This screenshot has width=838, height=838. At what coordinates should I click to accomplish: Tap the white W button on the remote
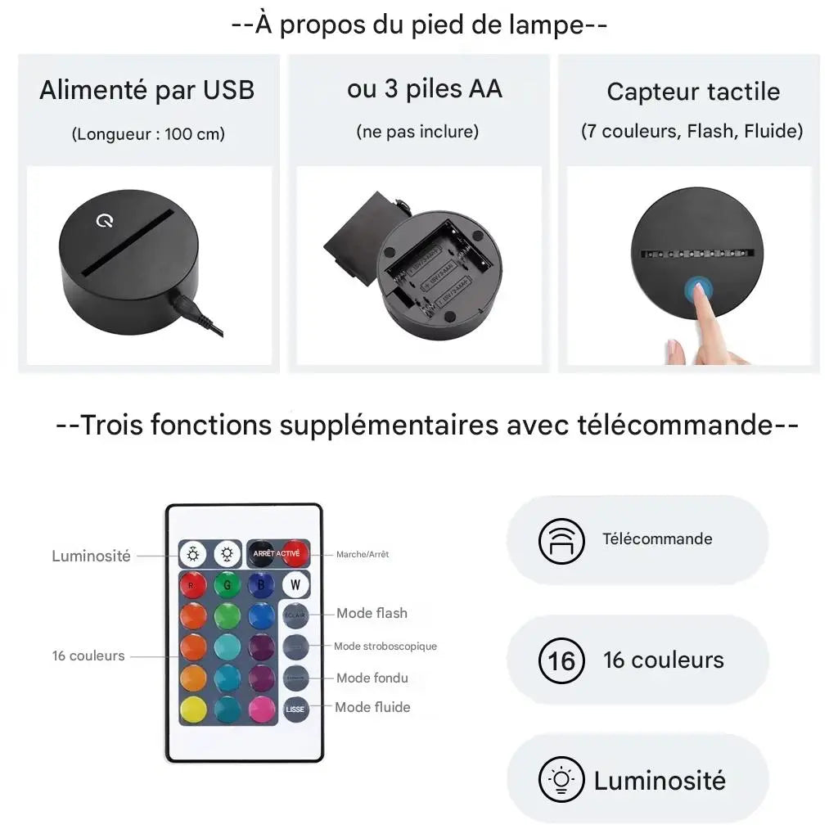point(295,584)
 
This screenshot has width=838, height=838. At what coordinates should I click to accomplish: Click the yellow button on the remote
point(193,709)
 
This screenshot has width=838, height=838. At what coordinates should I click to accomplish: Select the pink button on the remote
point(262,709)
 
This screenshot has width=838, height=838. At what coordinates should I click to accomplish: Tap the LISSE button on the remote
point(295,709)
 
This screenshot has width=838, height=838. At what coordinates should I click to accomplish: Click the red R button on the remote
point(193,584)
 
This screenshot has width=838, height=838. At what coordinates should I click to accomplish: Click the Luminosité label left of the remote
point(91,556)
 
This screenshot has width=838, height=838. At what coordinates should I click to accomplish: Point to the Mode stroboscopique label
point(385,646)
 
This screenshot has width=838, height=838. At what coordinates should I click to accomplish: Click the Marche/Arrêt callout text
point(362,554)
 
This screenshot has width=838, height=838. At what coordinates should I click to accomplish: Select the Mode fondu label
point(372,678)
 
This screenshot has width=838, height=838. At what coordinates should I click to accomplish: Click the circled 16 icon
point(561,660)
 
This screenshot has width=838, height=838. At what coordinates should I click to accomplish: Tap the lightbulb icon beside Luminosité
point(561,779)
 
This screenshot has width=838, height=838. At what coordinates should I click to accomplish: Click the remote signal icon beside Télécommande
point(561,540)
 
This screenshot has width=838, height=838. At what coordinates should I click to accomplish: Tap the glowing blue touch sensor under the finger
point(698,288)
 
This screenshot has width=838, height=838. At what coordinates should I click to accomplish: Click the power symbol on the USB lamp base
point(105,221)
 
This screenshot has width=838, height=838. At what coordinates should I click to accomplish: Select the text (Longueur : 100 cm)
point(147,133)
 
